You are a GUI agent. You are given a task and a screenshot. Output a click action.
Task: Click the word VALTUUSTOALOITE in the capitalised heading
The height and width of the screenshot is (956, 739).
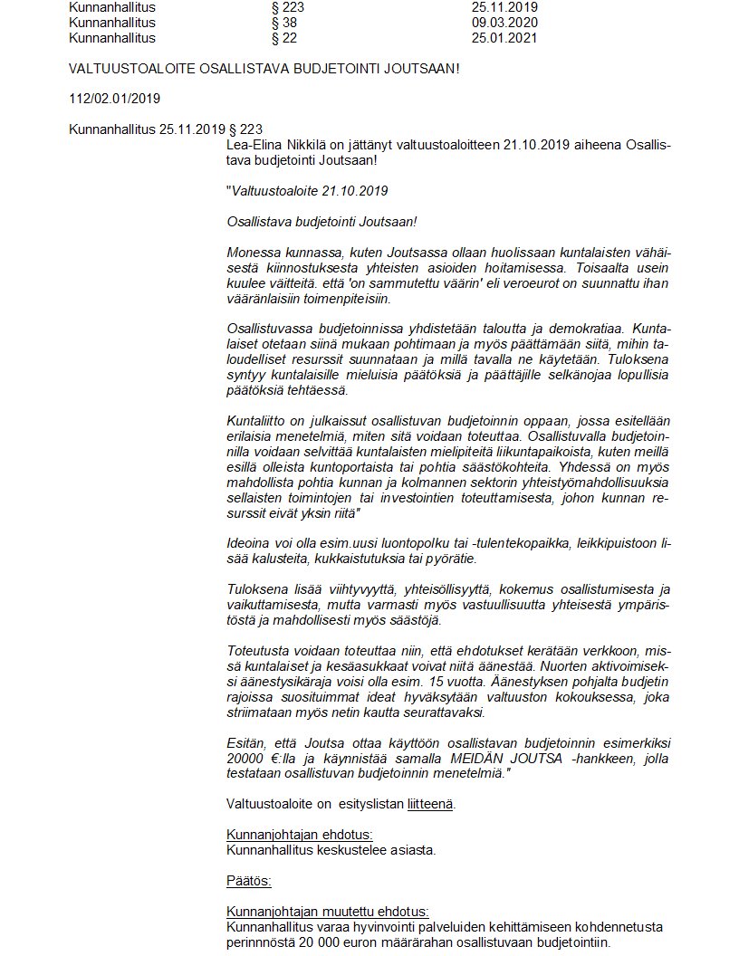124,69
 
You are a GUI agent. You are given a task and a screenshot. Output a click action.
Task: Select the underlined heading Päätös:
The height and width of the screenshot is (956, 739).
249,880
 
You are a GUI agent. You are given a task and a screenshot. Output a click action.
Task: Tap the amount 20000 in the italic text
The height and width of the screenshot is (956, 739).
246,757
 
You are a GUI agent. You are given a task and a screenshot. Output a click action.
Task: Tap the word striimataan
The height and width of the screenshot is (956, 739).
263,712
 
